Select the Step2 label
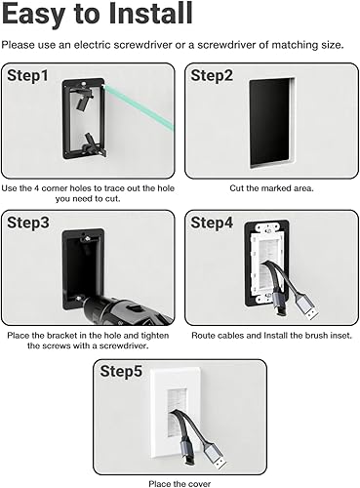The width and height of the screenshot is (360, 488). click(214, 76)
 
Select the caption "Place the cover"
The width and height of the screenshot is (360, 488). click(179, 481)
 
